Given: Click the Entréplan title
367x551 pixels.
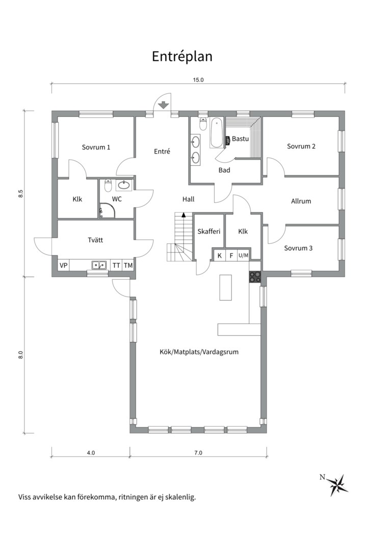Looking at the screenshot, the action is (182, 56).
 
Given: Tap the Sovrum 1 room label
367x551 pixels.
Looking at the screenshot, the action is (96, 147).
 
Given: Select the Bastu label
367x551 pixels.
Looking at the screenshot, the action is (240, 139).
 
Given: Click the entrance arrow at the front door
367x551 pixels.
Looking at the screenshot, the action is (163, 105).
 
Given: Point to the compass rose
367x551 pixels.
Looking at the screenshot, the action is (339, 485).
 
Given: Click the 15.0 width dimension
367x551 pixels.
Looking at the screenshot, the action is (198, 80).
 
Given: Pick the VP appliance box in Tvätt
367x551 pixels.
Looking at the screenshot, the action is (64, 265).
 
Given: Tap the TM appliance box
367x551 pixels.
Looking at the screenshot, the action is (128, 265).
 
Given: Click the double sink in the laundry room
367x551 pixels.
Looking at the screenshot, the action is (99, 265).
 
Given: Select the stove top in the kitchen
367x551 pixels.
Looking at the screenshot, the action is (255, 277).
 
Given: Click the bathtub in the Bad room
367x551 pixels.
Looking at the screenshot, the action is (216, 133).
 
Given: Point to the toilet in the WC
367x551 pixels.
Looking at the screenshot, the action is (108, 185).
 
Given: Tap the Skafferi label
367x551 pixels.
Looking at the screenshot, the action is (209, 231).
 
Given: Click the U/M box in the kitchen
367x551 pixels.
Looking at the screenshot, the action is (243, 256).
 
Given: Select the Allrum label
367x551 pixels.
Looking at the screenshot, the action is (301, 202).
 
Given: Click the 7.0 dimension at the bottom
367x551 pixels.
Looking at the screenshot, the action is (198, 453).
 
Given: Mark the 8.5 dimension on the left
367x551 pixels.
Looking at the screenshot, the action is (21, 194).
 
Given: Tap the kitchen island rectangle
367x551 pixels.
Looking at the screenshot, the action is (225, 287).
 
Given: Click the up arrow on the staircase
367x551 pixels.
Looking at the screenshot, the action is (183, 215).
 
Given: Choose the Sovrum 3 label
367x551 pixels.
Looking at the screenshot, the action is (298, 248).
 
